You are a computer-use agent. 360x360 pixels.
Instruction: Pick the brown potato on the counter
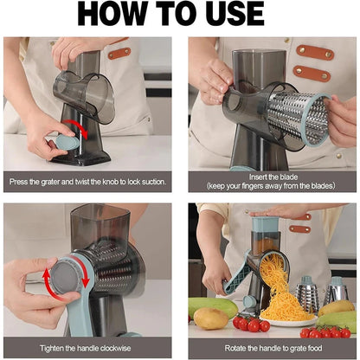(x=210, y=318)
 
